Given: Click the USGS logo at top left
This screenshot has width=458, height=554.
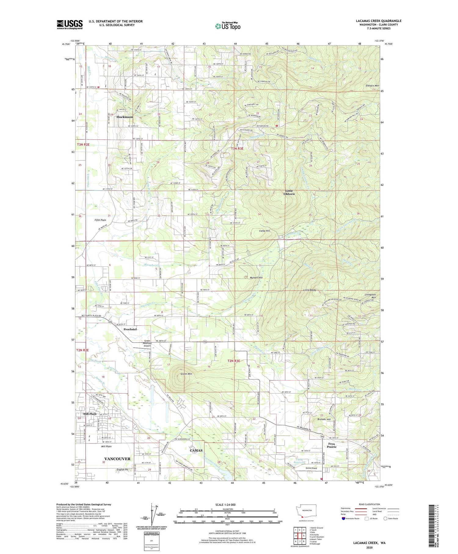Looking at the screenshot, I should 69,24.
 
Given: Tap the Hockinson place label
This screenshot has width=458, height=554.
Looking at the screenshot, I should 125,117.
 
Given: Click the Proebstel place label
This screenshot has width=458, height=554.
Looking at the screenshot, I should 130,329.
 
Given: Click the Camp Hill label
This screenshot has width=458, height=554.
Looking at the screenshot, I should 264,231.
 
